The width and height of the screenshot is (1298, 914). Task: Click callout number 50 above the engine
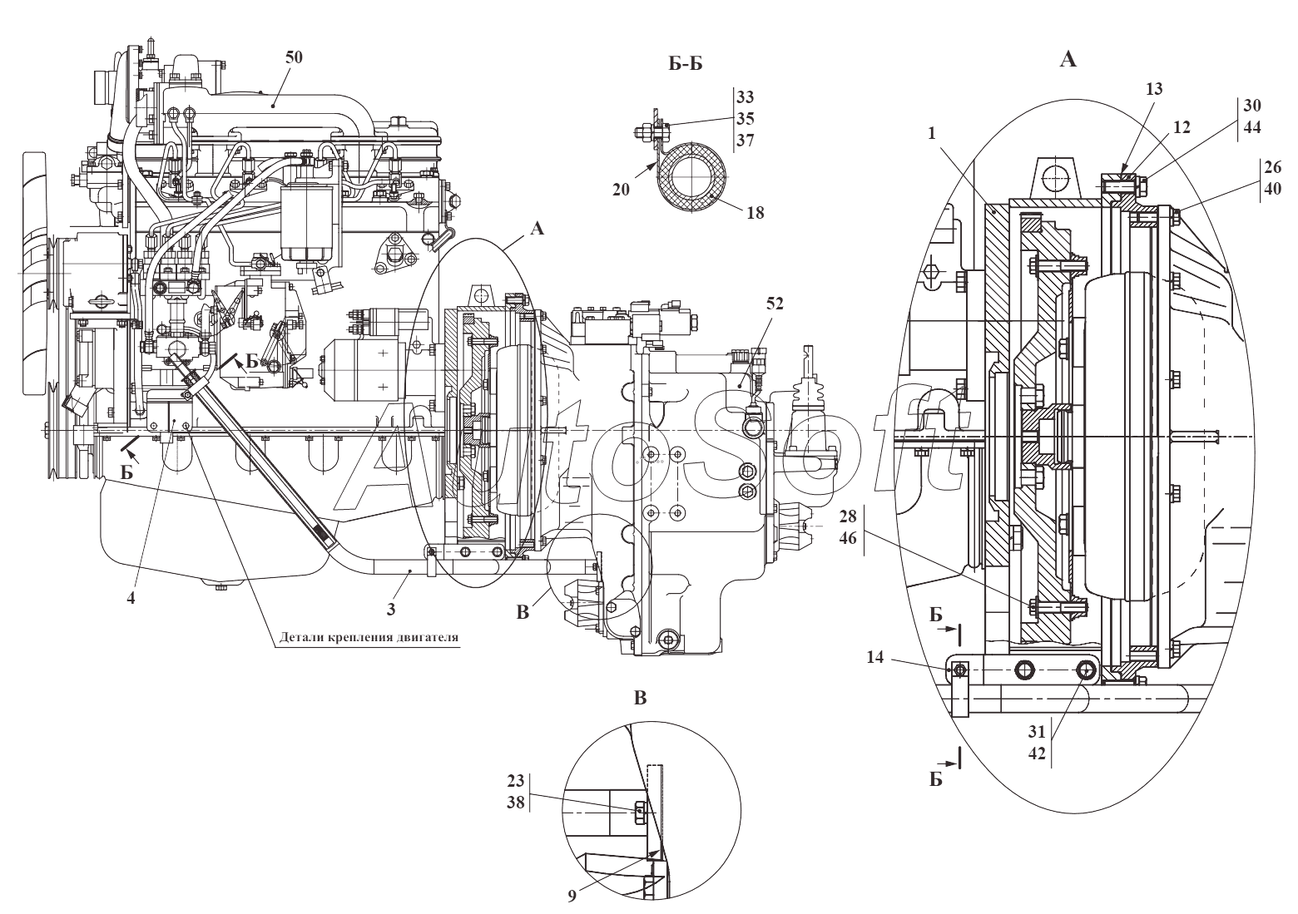pyautogui.click(x=294, y=57)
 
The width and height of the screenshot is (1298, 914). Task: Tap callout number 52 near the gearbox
pyautogui.click(x=775, y=303)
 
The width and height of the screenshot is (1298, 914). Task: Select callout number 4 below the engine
pyautogui.click(x=131, y=598)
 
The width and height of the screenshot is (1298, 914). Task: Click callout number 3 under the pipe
pyautogui.click(x=391, y=609)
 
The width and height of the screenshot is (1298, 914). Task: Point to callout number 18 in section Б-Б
pyautogui.click(x=755, y=213)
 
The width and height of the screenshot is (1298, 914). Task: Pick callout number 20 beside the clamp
pyautogui.click(x=621, y=190)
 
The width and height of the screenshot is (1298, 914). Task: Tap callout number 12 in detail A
pyautogui.click(x=1182, y=127)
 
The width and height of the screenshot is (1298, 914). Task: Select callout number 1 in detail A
pyautogui.click(x=932, y=134)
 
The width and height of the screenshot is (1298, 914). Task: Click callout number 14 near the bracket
pyautogui.click(x=875, y=657)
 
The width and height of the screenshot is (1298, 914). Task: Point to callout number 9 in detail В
pyautogui.click(x=572, y=896)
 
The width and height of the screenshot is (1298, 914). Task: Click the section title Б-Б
pyautogui.click(x=686, y=64)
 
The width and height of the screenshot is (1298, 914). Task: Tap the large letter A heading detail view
pyautogui.click(x=1068, y=59)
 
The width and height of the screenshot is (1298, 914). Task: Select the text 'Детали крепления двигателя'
pyautogui.click(x=369, y=638)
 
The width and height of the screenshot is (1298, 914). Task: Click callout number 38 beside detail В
pyautogui.click(x=516, y=803)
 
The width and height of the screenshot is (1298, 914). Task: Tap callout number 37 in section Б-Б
pyautogui.click(x=746, y=141)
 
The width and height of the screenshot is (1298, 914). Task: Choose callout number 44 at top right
pyautogui.click(x=1252, y=127)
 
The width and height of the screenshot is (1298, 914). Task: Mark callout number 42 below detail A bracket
pyautogui.click(x=1038, y=753)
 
